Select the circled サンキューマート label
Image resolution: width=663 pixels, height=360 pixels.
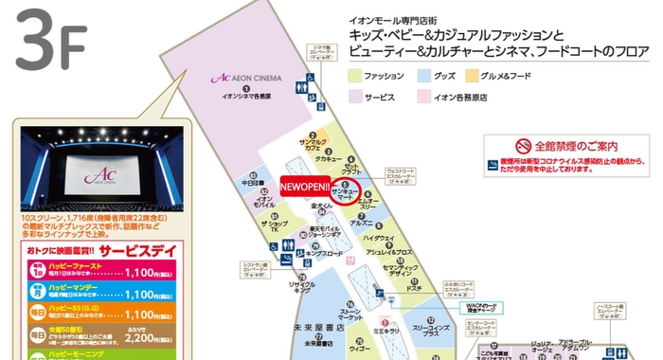(x=346, y=192)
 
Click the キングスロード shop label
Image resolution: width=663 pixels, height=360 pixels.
(x=323, y=254)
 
